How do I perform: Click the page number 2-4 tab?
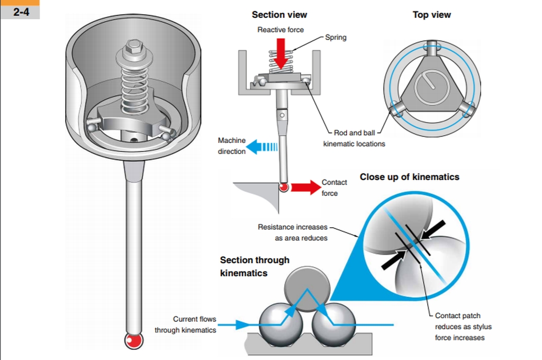coord(20,10)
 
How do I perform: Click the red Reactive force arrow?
coord(281,52)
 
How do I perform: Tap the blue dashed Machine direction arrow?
coord(261,146)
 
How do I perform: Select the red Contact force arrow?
coord(304,187)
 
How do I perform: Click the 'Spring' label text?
coord(336,38)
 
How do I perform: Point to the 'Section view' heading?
coord(279,15)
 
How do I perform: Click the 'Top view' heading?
coord(432,15)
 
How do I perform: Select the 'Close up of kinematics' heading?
coord(409,177)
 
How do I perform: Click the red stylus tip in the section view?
coord(284,187)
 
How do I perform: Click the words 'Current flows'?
coord(194,319)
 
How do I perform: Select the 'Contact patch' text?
coord(457,316)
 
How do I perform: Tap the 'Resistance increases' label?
coord(292,227)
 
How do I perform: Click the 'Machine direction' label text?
coord(232,146)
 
